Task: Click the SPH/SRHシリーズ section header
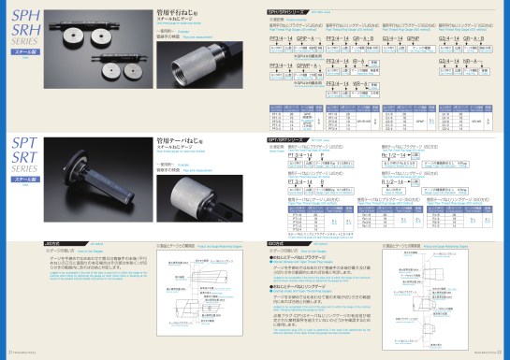click(280, 8)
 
